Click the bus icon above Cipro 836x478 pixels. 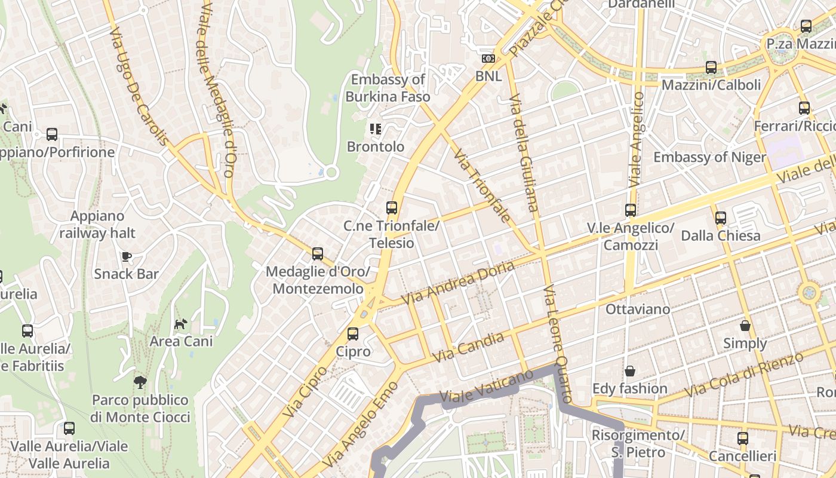click(x=353, y=333)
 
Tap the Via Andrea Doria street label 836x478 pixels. click(x=457, y=283)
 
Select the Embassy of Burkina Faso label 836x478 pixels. click(x=388, y=87)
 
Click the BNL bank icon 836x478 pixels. click(x=488, y=59)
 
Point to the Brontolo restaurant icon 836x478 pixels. click(x=376, y=128)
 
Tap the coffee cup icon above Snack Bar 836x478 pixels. click(x=127, y=256)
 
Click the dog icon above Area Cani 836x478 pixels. click(x=180, y=324)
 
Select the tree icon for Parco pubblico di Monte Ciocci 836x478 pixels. click(x=140, y=382)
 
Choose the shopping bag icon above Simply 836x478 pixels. click(x=745, y=326)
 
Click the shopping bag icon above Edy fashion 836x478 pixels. click(x=629, y=371)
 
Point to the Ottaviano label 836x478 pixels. click(x=638, y=310)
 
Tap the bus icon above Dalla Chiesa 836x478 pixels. click(x=721, y=218)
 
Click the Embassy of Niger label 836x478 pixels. click(x=709, y=157)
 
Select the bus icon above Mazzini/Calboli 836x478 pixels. click(x=711, y=68)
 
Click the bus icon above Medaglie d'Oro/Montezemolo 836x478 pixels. click(x=318, y=254)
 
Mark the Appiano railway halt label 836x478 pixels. click(x=97, y=225)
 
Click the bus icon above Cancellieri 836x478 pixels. click(x=743, y=439)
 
